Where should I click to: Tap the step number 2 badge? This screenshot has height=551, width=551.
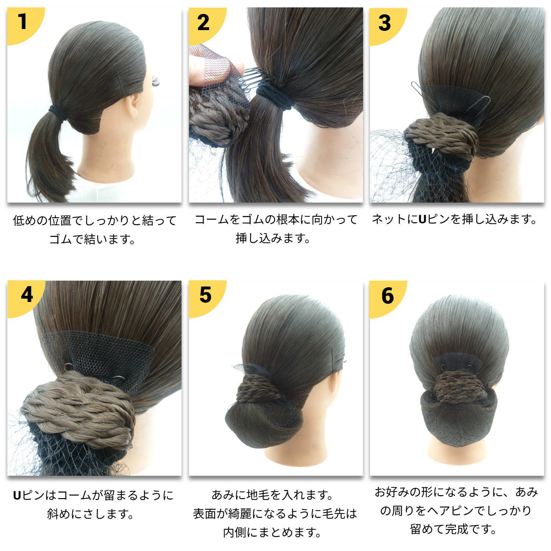204,23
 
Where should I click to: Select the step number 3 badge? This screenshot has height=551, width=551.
385,23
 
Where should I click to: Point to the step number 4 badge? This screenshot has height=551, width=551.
27,295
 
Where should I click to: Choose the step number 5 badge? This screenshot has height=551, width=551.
205,295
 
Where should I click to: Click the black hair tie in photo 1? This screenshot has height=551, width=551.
60,112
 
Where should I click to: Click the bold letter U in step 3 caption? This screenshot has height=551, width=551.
422,220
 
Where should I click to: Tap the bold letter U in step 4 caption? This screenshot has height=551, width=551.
17,496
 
